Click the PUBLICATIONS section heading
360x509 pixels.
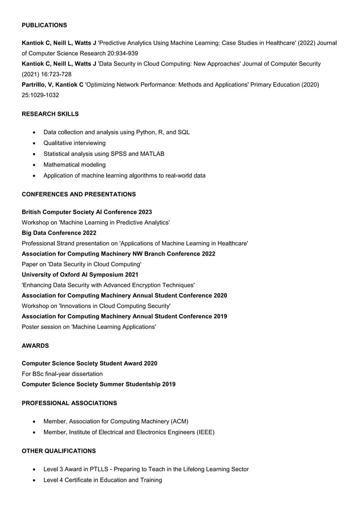pos(44,25)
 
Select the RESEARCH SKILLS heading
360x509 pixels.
pos(50,114)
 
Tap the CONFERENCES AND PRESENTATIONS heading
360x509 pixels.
pos(78,195)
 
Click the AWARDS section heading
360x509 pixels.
pos(35,345)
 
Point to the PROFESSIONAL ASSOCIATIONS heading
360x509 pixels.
pos(69,403)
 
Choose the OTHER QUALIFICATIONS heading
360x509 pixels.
pos(59,451)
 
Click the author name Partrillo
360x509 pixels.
pos(36,85)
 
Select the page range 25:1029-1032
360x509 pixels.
pos(40,95)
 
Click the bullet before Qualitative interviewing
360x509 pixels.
pos(35,143)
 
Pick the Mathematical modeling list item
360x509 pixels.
pos(74,165)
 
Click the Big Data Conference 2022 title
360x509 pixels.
pos(59,232)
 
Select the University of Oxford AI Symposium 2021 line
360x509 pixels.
pos(80,275)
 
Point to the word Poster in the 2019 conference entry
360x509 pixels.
pos(31,327)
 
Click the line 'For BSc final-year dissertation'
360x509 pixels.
pos(62,374)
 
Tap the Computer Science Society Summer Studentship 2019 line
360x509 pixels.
pos(98,384)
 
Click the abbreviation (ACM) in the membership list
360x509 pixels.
pos(179,422)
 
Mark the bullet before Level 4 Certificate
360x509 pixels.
pos(35,480)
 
